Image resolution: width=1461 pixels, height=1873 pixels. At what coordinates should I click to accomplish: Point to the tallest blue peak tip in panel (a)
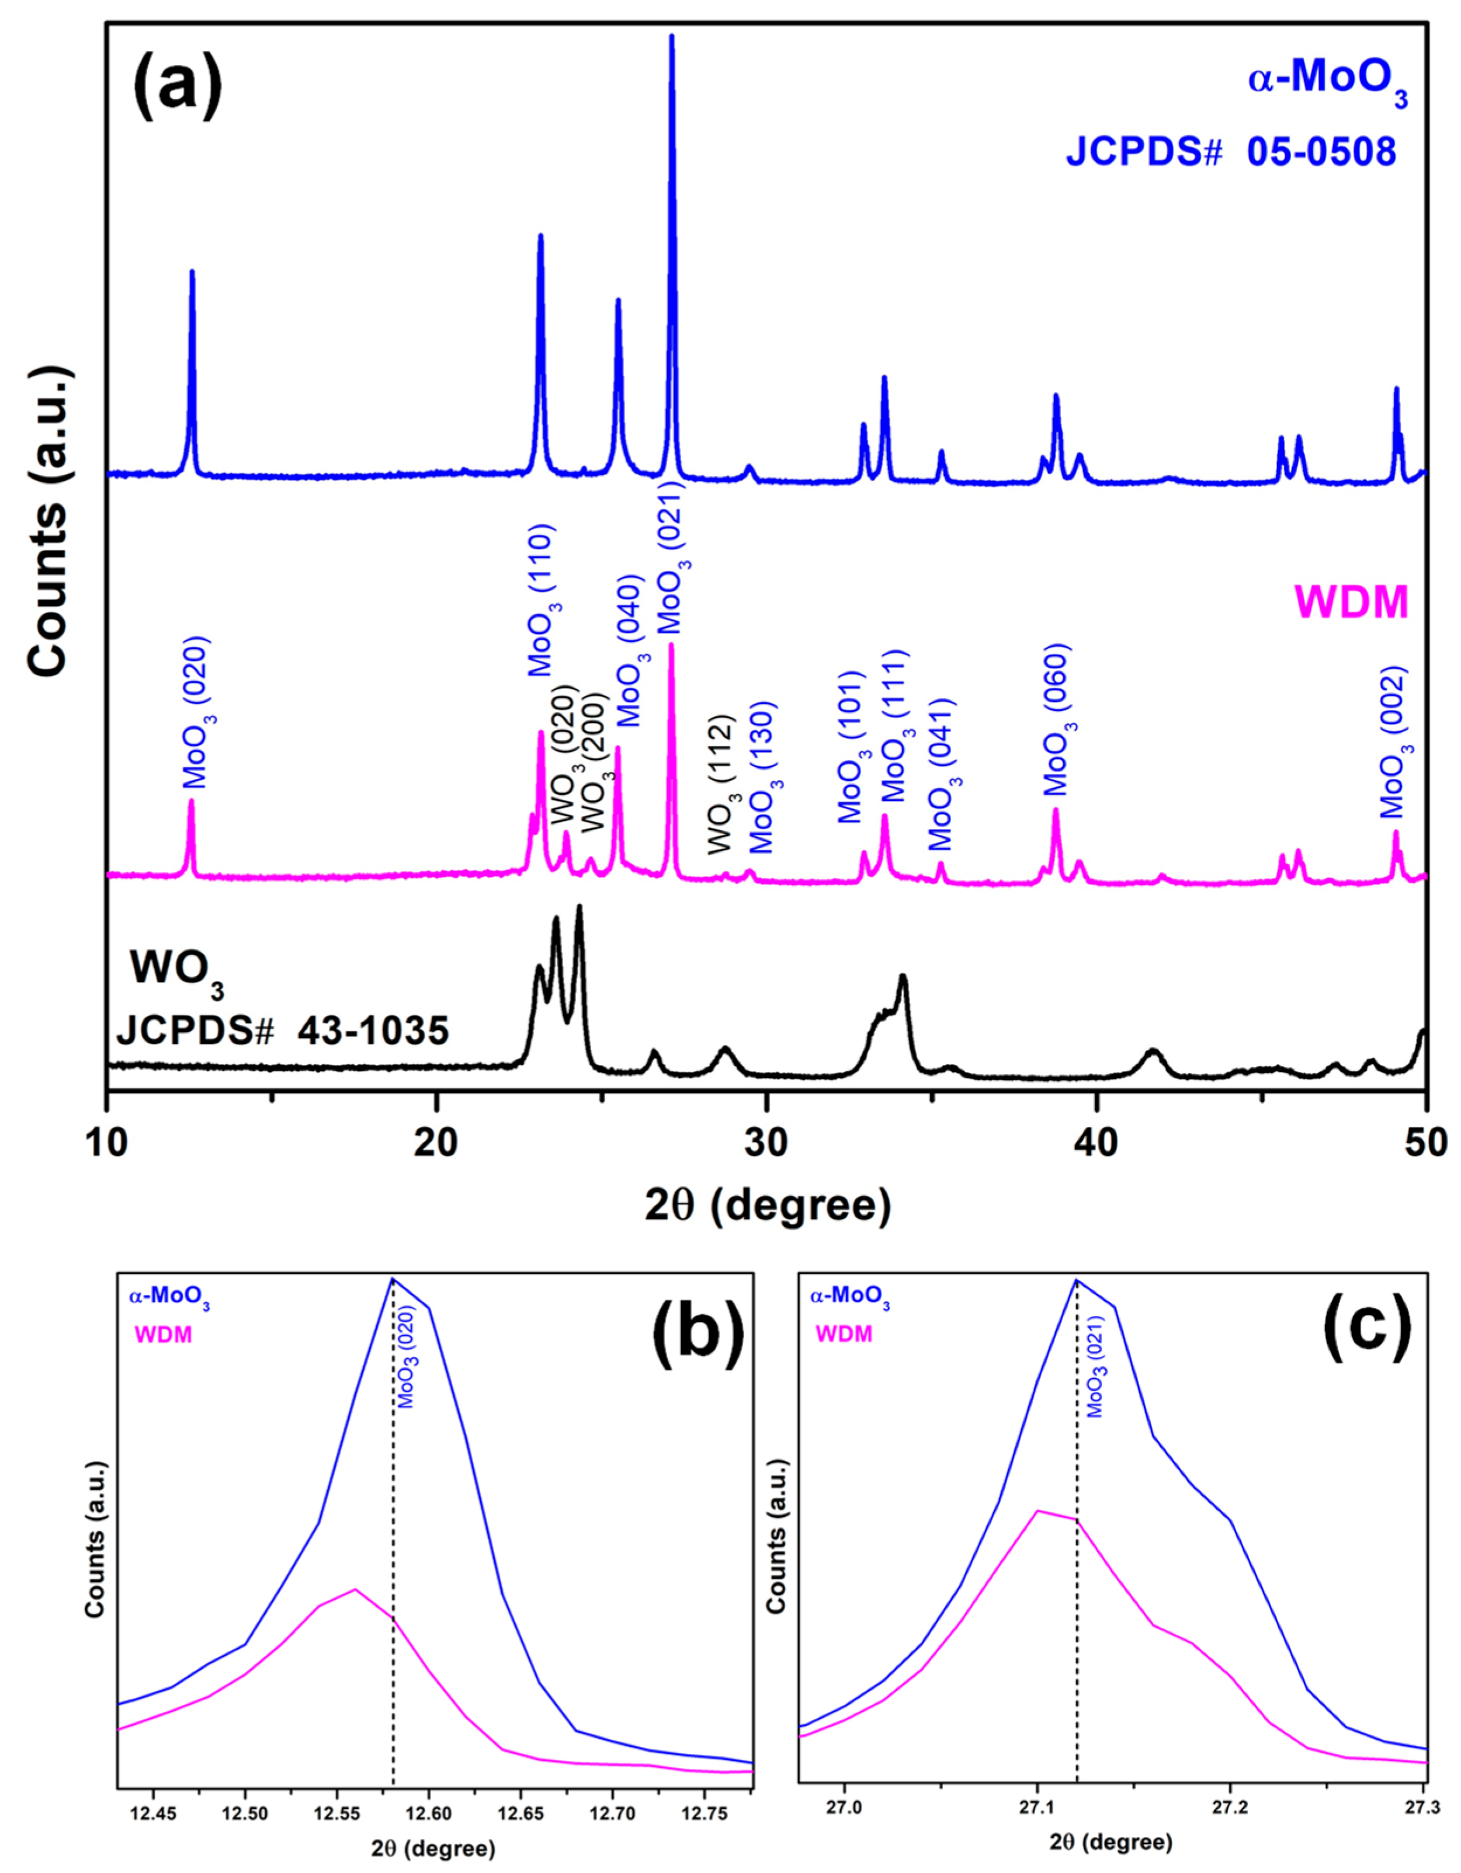[x=672, y=37]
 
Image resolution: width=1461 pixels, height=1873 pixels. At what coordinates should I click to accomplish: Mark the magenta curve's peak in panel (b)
[x=355, y=1589]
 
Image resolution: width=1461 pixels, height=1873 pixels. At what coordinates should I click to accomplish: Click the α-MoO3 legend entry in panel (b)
[x=169, y=1297]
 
